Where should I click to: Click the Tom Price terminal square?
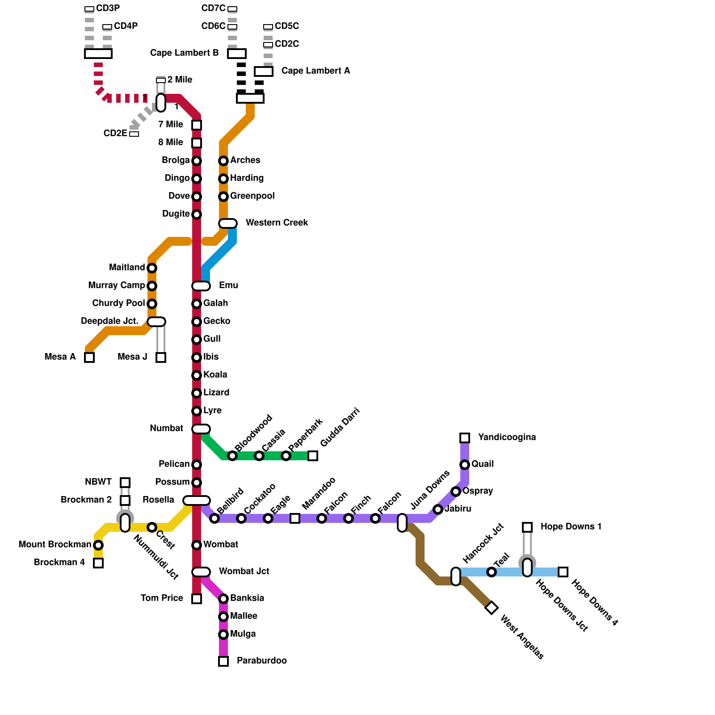(197, 599)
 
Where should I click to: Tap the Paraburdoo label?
(261, 661)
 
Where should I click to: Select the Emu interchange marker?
(201, 286)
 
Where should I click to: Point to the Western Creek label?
(277, 223)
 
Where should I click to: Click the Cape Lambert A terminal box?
(264, 71)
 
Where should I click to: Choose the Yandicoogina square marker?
(465, 438)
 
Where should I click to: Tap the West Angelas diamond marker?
(492, 608)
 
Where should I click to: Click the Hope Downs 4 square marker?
(563, 572)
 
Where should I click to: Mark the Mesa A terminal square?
(89, 357)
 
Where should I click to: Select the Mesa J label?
(132, 357)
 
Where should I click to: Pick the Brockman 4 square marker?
(98, 563)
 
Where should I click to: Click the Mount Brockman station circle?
(98, 545)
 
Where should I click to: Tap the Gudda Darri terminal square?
(313, 456)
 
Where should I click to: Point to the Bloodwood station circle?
(232, 456)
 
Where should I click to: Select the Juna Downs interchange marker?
(402, 523)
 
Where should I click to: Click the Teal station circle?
(492, 572)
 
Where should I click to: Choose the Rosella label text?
(158, 500)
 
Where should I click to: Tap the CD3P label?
(108, 8)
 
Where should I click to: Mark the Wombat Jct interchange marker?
(201, 572)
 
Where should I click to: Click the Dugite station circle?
(197, 214)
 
